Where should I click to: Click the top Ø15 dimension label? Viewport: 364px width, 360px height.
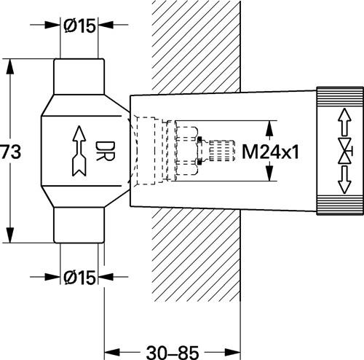coord(79,26)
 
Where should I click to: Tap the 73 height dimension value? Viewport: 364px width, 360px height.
coord(11,151)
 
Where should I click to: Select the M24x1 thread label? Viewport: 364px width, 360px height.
coord(270,152)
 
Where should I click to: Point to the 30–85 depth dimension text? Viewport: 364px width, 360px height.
coord(173,353)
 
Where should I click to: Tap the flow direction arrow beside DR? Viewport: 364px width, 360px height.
coord(79,151)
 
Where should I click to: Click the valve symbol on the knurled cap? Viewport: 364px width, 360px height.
coord(345,151)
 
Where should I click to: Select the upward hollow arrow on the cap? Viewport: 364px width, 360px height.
coord(345,122)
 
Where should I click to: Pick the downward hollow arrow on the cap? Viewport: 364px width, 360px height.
coord(345,180)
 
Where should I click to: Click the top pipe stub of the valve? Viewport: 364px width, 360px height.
coord(79,77)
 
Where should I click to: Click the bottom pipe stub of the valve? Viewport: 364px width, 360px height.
coord(79,225)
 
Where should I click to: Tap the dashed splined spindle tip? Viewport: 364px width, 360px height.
coord(222,151)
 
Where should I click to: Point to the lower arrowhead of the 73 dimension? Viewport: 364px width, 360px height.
coord(10,235)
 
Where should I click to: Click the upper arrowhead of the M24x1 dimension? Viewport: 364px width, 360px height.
coord(269,128)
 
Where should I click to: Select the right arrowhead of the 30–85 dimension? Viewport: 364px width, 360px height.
coord(232,352)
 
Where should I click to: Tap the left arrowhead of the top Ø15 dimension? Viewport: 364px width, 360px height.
coord(52,25)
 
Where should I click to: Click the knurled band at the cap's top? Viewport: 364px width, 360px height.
coord(340,96)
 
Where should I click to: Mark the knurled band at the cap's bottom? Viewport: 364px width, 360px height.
coord(340,206)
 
